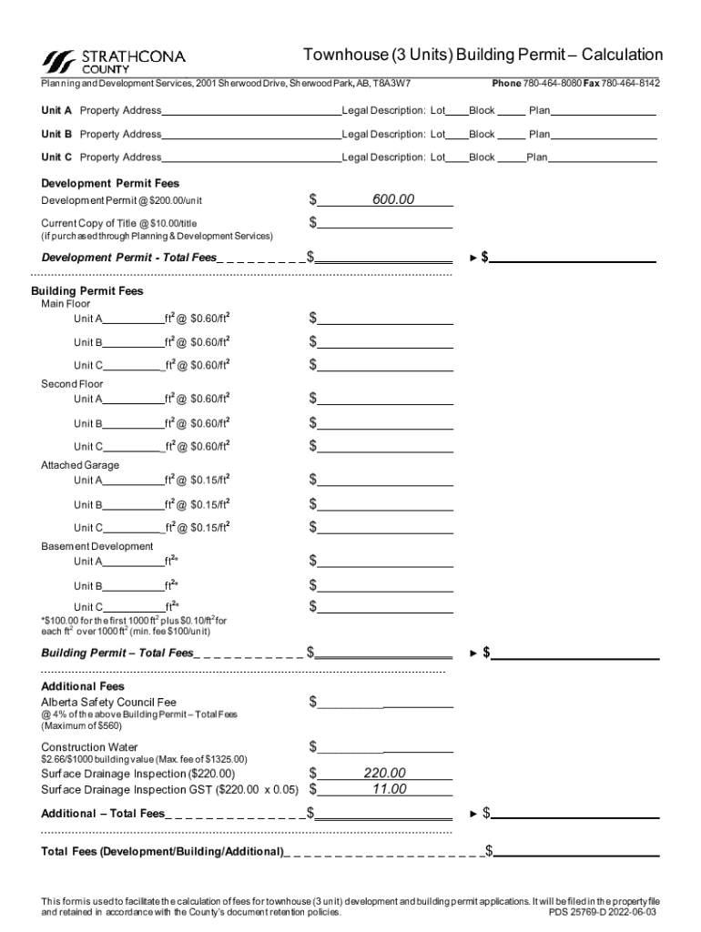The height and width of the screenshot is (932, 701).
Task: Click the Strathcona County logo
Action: (114, 61)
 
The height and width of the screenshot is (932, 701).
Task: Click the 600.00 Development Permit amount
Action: (392, 199)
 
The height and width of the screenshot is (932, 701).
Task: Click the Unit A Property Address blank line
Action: (250, 111)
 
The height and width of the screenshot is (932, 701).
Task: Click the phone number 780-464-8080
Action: (552, 84)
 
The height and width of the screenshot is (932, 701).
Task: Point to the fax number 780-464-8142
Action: (630, 84)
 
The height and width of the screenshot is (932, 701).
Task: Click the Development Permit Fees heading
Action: (110, 184)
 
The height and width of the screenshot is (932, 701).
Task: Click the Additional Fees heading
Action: (83, 686)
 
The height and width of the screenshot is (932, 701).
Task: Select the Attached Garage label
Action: (80, 465)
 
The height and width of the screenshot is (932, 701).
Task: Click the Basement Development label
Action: (97, 546)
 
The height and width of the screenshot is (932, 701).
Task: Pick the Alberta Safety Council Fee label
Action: (108, 703)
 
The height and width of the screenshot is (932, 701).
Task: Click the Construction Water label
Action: (89, 747)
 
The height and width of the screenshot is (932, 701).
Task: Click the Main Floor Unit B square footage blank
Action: (133, 343)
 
